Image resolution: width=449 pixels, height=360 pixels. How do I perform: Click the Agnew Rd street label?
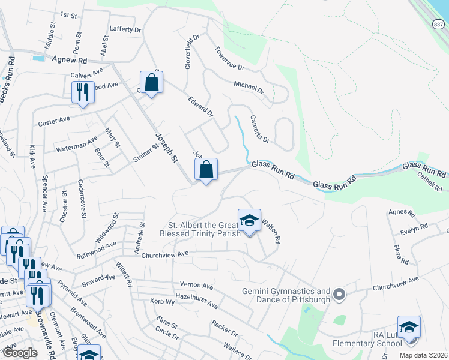coord(70,60)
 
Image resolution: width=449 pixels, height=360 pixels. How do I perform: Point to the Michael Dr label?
coord(249,87)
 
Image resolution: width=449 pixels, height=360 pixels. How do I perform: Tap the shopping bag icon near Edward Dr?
coord(151,83)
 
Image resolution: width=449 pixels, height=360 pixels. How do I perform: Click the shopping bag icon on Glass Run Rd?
coord(206,170)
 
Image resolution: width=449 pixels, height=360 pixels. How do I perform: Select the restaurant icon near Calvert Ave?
coord(82,92)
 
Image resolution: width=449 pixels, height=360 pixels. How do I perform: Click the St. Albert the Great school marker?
coord(249,221)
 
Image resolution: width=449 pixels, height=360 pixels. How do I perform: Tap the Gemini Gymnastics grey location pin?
coord(339,294)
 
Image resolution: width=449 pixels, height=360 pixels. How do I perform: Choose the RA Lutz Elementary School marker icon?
coord(409,328)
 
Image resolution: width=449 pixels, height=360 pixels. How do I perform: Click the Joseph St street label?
coord(167,148)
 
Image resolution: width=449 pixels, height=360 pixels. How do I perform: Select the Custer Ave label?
coord(54,121)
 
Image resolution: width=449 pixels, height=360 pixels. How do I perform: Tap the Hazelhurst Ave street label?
coord(196,301)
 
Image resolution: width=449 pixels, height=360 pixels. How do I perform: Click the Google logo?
coord(19,353)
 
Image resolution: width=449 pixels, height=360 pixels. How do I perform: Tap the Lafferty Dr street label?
coord(125,29)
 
